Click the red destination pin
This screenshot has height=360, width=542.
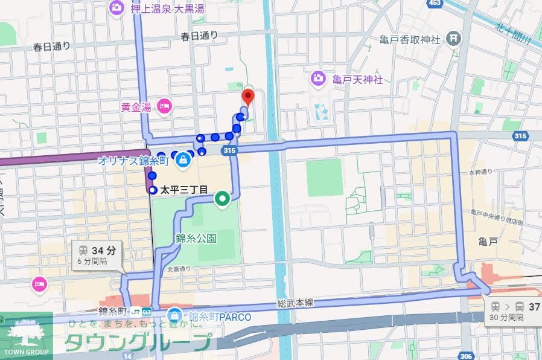click(x=247, y=97)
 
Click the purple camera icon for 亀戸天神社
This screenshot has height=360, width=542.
click(x=318, y=78)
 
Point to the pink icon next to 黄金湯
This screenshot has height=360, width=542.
click(x=164, y=108)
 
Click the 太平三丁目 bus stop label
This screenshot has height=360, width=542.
click(x=183, y=190)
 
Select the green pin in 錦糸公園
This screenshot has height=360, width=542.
click(x=222, y=198)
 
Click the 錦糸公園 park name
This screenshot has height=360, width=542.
click(x=196, y=238)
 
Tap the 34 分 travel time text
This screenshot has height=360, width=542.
click(x=103, y=250)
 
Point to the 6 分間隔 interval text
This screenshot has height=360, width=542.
click(x=92, y=262)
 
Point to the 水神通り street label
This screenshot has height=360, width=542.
click(x=480, y=172)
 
